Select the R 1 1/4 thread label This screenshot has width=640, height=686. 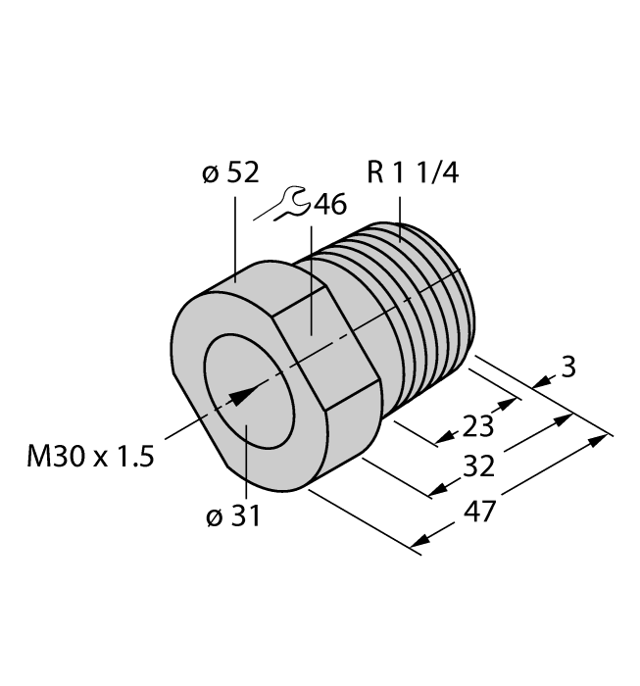(x=412, y=173)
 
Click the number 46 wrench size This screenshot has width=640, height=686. (x=326, y=205)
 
